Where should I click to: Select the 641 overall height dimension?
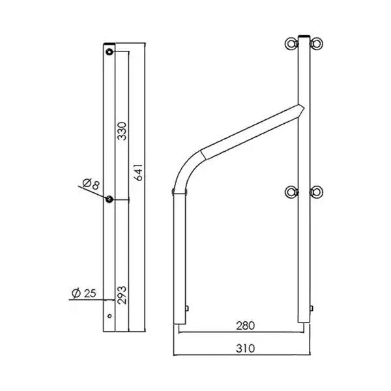[138, 171]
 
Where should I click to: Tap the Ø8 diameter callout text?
[92, 183]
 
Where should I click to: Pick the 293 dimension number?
[121, 294]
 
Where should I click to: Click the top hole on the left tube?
[109, 50]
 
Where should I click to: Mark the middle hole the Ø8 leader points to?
[109, 199]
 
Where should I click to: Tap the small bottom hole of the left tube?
[109, 317]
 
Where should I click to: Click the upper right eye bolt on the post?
[319, 44]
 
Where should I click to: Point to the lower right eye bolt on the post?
[319, 192]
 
